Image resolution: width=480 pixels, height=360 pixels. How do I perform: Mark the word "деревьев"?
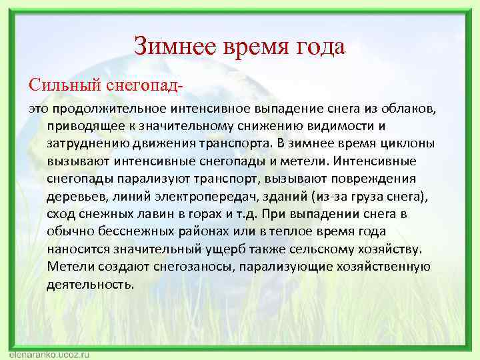coord(74,197)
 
